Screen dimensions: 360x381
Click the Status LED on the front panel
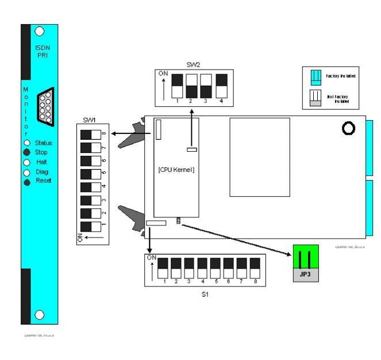[26, 142]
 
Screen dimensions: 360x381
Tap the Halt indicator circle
[26, 162]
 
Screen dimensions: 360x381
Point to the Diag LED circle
[26, 172]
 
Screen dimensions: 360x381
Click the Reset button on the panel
[26, 181]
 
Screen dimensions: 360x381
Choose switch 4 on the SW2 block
[222, 85]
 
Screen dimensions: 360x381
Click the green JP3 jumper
[305, 256]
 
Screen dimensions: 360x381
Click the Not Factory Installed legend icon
[315, 98]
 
